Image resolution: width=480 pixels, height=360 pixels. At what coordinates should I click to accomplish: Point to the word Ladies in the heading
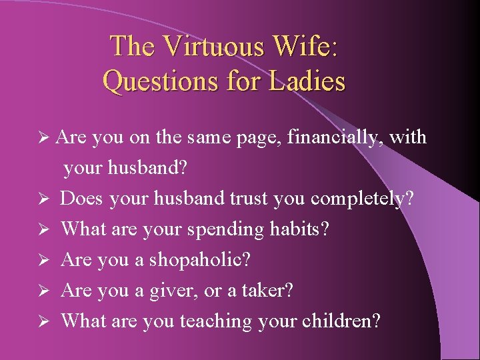(307, 81)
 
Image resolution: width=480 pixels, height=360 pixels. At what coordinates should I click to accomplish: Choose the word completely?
(362, 199)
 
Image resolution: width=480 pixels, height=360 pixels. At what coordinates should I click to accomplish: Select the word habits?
(299, 229)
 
